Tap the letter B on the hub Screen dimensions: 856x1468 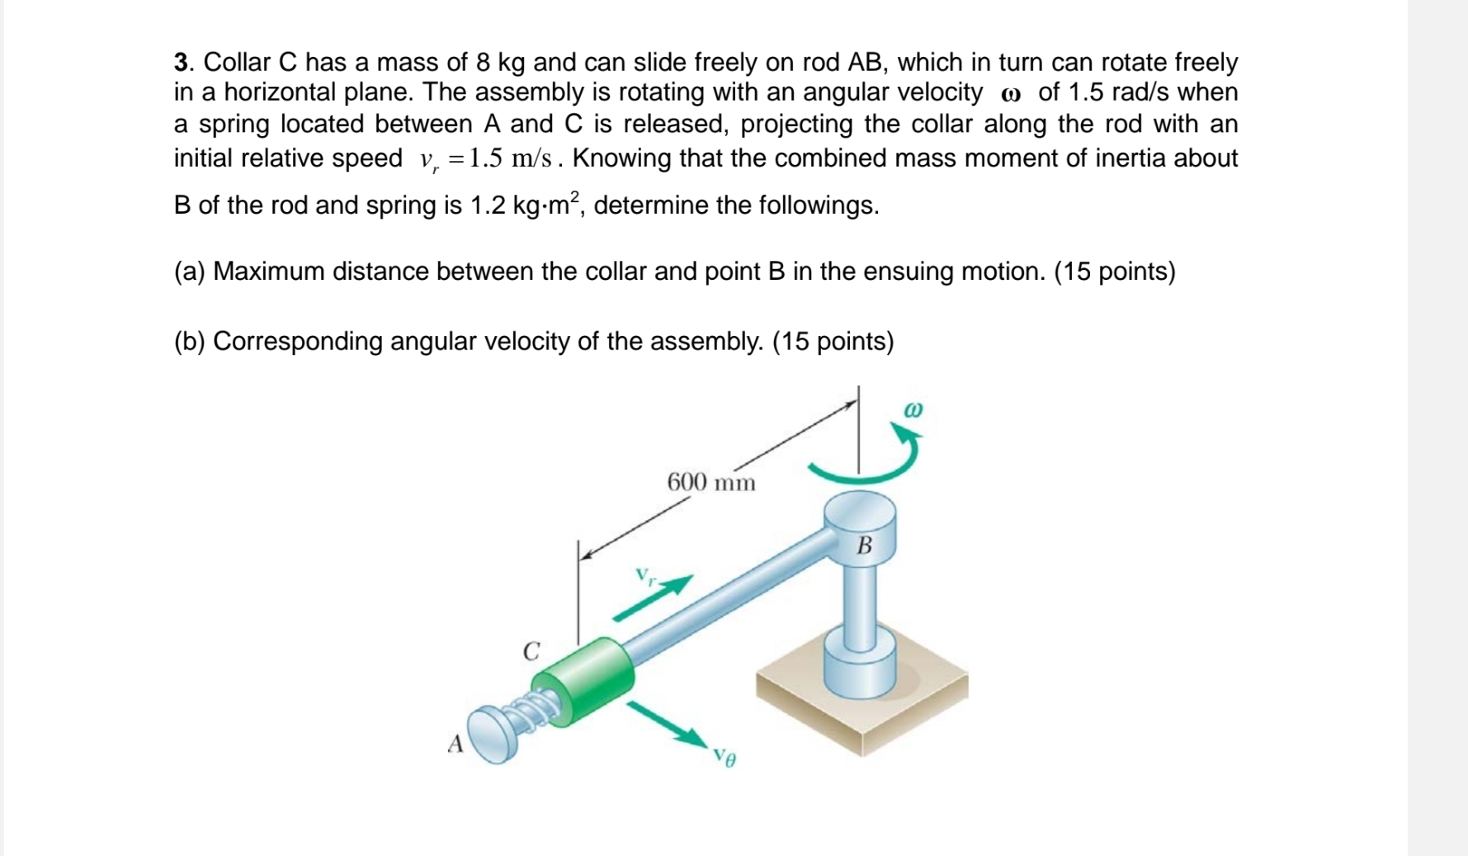(864, 546)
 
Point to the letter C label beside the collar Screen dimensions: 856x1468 (531, 651)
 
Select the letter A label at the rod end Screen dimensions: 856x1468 (455, 745)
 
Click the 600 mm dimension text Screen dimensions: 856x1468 (710, 482)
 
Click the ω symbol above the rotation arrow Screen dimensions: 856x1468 (913, 409)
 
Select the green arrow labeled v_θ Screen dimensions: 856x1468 (667, 724)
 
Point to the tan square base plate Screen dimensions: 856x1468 (862, 702)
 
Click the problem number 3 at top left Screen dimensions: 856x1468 (182, 63)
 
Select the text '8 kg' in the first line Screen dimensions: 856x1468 (500, 63)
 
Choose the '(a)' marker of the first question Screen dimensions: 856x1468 (189, 272)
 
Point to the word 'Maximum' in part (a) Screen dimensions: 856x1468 (269, 272)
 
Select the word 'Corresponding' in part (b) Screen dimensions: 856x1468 (298, 342)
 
